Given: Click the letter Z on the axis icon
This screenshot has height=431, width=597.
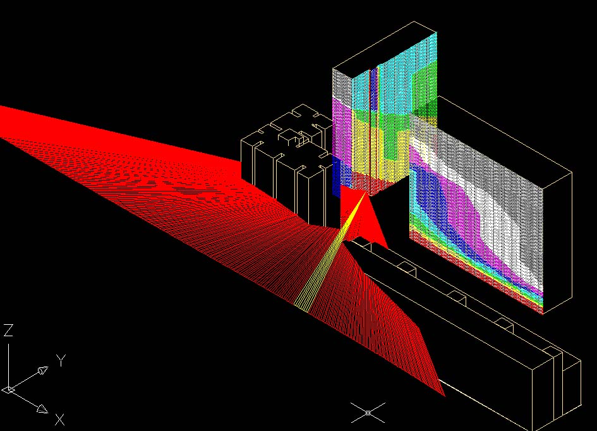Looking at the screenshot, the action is coord(8,330).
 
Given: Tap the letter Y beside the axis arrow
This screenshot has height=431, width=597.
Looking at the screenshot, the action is coord(61,360).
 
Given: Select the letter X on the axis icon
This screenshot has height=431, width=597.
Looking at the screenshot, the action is coord(60,420).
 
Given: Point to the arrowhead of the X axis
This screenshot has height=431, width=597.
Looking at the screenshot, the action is coord(43,409).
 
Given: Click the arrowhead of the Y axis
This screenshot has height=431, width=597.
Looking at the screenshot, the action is coord(43,370).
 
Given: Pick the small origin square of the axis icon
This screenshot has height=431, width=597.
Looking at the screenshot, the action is coord(9,389).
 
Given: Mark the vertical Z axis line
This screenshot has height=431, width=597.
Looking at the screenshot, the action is coord(9,365).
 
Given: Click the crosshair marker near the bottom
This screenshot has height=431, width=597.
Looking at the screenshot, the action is coord(368,413).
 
